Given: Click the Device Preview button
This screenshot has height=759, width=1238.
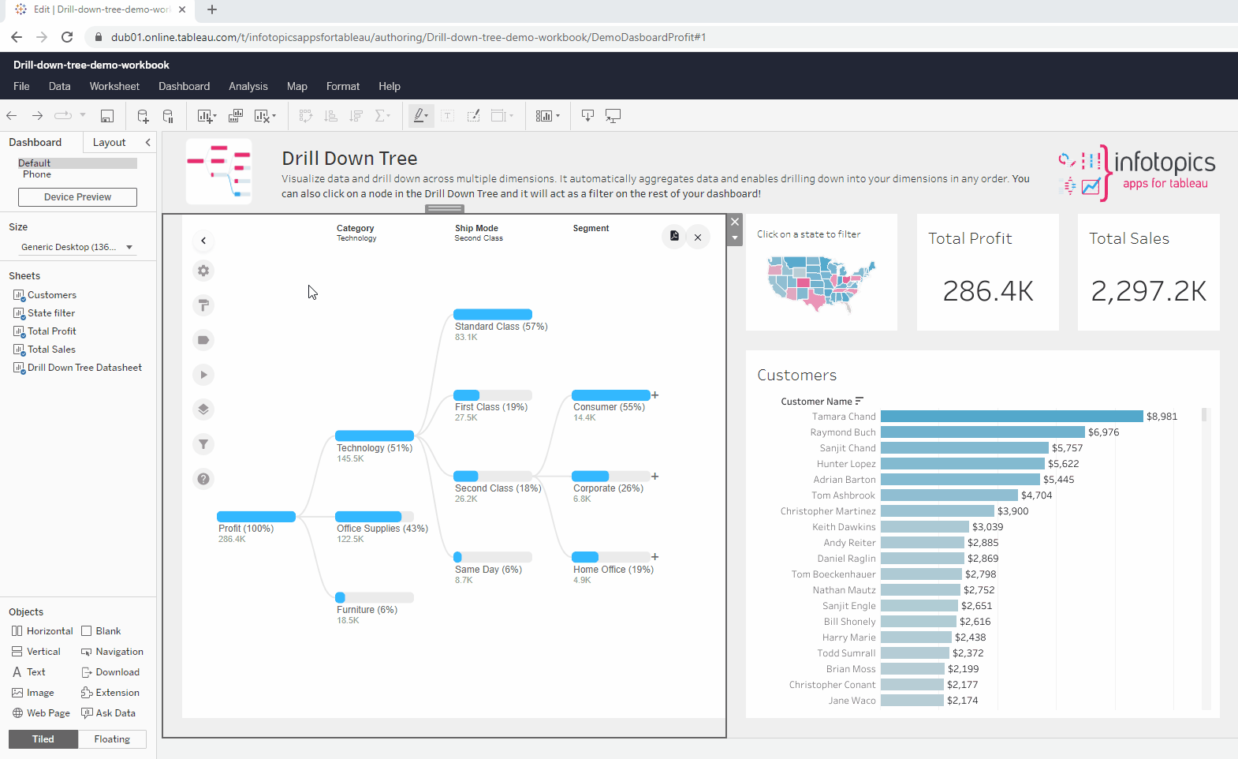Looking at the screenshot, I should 77,197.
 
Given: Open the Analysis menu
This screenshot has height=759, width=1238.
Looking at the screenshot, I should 248,86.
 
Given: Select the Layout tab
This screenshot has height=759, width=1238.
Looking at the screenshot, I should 109,142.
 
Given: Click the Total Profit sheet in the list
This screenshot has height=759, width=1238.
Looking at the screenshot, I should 51,331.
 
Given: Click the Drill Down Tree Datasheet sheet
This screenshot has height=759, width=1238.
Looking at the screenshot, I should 84,368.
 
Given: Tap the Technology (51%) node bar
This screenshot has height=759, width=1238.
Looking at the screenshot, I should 374,436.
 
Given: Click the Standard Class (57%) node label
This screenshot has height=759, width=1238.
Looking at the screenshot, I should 501,327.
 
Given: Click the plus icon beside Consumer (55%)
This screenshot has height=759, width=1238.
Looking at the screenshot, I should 655,395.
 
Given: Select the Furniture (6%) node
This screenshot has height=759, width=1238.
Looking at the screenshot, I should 367,610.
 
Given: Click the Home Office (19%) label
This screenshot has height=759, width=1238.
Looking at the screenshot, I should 613,570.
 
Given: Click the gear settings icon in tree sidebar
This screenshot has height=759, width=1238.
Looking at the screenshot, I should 203,271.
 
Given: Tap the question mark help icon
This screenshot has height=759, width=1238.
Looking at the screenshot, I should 203,479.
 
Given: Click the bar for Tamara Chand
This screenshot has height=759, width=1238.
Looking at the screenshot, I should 1011,417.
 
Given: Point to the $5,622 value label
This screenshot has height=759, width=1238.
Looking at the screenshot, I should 1063,464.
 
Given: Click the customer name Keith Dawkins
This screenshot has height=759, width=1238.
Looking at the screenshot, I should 844,527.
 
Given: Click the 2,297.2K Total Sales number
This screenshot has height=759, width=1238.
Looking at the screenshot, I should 1148,291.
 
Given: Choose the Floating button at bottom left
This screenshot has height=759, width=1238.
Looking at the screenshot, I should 112,739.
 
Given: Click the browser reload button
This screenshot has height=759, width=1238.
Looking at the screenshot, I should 67,37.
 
